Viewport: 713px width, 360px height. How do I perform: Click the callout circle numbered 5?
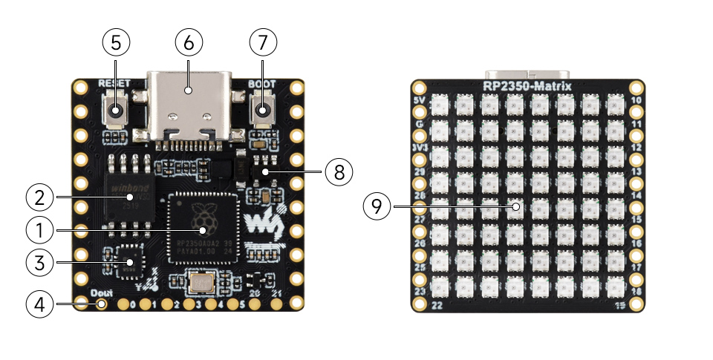115,42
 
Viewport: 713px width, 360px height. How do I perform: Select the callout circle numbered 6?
188,42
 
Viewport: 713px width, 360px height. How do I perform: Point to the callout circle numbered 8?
339,171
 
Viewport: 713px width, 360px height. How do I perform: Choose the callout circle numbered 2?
39,197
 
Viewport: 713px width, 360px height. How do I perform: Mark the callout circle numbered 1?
39,230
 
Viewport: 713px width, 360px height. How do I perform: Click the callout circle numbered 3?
39,261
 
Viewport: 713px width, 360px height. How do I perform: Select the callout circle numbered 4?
39,303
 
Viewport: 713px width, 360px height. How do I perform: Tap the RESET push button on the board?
116,111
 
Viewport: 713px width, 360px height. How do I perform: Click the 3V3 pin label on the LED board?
418,147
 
